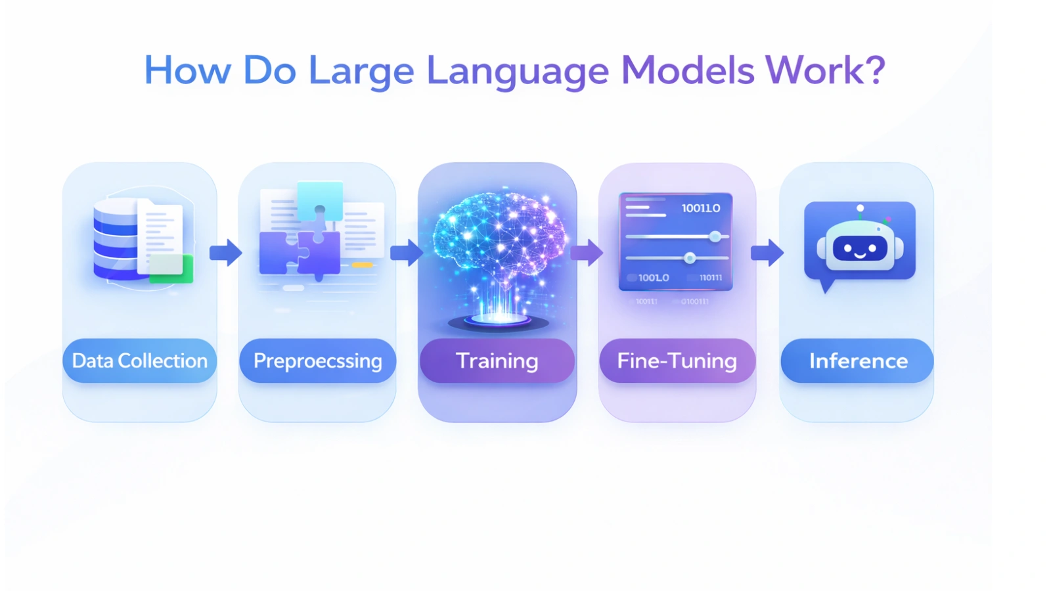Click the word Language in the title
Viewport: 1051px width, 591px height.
point(518,71)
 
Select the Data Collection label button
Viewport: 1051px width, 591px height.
point(139,361)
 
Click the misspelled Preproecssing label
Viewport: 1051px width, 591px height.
point(317,361)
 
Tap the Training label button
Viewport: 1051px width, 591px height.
point(497,361)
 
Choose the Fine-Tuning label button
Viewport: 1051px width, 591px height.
point(677,361)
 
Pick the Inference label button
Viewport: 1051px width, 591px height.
point(858,361)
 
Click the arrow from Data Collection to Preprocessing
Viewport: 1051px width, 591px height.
point(226,253)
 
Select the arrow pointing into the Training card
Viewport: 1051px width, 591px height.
point(407,253)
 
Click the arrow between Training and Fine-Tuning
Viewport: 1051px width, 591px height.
point(587,253)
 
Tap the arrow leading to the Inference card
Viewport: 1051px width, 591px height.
point(767,253)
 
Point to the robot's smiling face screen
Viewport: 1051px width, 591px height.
point(860,249)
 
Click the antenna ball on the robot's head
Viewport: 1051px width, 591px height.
point(860,209)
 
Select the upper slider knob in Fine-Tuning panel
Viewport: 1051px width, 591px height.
point(715,236)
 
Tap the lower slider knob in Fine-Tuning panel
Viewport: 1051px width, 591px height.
point(690,258)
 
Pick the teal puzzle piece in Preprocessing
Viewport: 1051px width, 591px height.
point(320,201)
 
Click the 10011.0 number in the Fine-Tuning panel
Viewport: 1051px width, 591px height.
point(701,208)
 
